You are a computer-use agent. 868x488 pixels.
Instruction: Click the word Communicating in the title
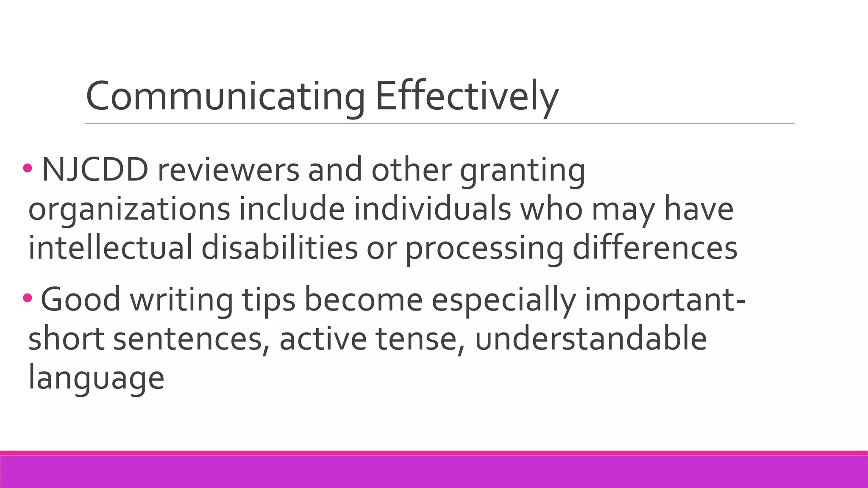pos(225,97)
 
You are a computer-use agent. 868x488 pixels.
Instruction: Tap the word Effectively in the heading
pos(466,97)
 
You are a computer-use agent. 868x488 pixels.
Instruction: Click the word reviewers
pos(228,170)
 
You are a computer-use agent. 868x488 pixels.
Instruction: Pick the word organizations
pos(129,210)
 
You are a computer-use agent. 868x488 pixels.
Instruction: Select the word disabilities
pos(279,248)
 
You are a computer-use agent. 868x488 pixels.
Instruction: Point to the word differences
pos(655,248)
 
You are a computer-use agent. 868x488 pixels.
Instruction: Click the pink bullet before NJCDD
pos(28,169)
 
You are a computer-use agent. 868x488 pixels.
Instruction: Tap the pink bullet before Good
pos(28,298)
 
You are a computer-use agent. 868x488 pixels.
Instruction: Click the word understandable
pos(591,339)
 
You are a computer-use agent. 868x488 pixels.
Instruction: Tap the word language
pos(96,378)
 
